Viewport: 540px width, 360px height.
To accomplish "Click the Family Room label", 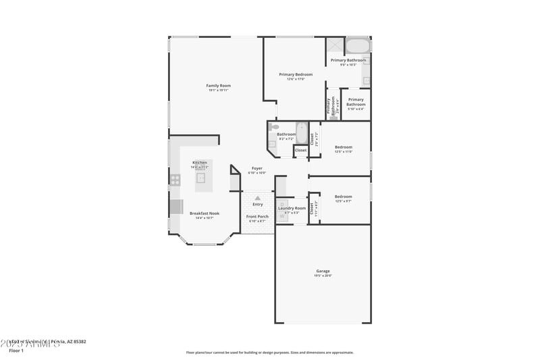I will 219,86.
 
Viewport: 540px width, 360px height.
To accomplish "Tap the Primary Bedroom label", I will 296,74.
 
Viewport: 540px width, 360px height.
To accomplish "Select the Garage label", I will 323,271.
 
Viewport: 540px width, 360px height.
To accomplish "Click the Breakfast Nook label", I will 204,213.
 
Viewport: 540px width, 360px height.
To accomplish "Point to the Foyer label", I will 257,168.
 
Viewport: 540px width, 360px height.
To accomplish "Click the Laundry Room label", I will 292,208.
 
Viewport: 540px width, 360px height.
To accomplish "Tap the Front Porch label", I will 257,216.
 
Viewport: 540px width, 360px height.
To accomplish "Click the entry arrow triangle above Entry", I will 257,198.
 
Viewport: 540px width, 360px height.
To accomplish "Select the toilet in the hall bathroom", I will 273,126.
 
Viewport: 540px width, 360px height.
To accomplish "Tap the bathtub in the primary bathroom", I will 358,46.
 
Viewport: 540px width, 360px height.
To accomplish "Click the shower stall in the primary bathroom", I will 335,45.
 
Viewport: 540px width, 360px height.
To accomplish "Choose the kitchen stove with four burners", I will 175,180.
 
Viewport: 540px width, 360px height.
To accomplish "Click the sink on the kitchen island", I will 200,178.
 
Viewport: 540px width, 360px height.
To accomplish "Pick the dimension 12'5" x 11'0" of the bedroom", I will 344,151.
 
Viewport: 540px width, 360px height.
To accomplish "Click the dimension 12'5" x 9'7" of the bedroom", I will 344,201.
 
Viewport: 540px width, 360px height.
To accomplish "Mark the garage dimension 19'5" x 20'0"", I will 323,276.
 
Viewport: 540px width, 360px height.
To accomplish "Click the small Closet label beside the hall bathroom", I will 300,150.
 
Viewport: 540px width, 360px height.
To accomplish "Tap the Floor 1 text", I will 16,351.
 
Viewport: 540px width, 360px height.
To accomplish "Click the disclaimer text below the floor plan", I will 269,352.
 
